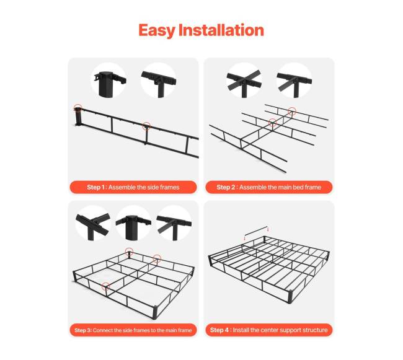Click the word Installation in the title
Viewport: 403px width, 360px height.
[x=221, y=30]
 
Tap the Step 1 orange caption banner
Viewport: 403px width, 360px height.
[x=133, y=187]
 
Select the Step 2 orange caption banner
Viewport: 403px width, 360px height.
[x=269, y=187]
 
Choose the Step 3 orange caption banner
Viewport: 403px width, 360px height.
[x=133, y=330]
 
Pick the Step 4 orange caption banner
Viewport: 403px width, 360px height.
[x=269, y=330]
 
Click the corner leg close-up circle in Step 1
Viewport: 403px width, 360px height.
[x=108, y=81]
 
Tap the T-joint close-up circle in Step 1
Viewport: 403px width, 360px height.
[x=158, y=81]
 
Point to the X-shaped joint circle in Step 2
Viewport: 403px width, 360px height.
[x=244, y=81]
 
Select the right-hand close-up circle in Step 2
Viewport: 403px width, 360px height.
[x=294, y=81]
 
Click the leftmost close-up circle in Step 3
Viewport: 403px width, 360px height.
[x=93, y=223]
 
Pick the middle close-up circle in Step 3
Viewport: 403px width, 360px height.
[x=133, y=223]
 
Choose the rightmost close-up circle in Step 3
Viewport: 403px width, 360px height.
[x=174, y=223]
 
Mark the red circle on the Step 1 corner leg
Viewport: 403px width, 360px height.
[x=78, y=108]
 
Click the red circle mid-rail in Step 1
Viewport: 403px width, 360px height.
[x=146, y=126]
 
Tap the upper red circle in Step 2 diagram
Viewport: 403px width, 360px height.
[x=292, y=111]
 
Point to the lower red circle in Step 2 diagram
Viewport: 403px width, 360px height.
[x=273, y=122]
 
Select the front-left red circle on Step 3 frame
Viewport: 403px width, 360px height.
[x=105, y=286]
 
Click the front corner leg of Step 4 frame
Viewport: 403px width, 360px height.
[x=290, y=297]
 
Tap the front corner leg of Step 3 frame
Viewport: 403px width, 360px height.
[x=155, y=312]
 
